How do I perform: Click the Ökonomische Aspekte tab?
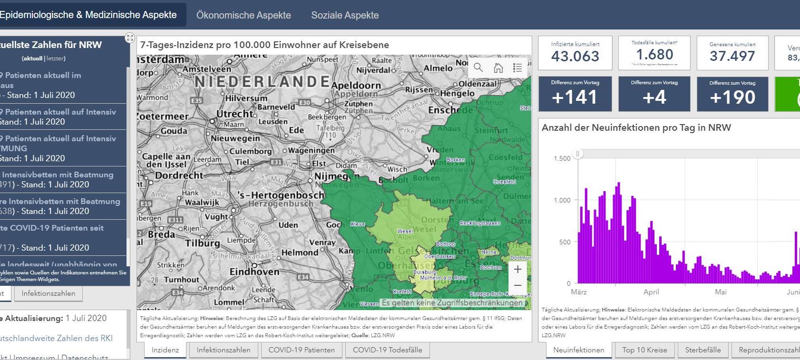tap(244, 15)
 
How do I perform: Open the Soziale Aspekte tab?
tap(345, 15)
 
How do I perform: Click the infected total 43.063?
tap(575, 56)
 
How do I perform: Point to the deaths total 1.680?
tap(654, 55)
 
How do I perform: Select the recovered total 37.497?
tap(732, 56)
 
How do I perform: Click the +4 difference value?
tap(654, 97)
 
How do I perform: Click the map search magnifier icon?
tap(478, 68)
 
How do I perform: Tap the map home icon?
tap(498, 68)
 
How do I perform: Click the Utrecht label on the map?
tap(235, 114)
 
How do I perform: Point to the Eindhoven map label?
tap(254, 272)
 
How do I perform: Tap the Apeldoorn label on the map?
tap(356, 86)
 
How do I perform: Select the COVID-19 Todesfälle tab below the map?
tap(387, 350)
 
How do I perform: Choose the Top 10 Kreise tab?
tap(644, 350)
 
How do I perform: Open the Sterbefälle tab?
tap(702, 350)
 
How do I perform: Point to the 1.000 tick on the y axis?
tap(562, 200)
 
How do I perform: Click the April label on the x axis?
tap(651, 292)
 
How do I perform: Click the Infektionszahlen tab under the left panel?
tap(49, 293)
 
